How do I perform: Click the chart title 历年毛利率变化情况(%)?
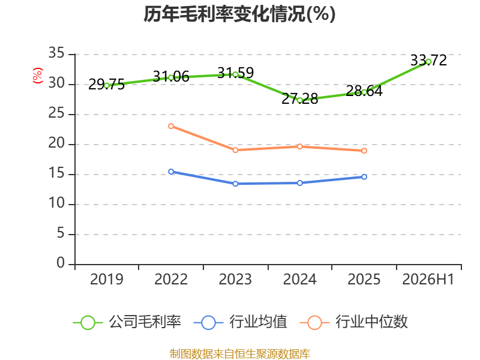(239, 14)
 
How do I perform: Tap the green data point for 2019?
(107, 86)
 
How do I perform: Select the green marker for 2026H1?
(428, 62)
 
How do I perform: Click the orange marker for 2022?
(171, 126)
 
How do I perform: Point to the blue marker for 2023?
(235, 184)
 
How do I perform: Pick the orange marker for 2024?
(300, 146)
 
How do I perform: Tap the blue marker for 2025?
(364, 177)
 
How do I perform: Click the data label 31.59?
(235, 73)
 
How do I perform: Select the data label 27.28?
(300, 98)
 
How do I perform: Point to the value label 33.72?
(428, 60)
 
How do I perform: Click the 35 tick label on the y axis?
(56, 53)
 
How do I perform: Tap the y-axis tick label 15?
(56, 173)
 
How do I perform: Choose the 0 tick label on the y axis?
(61, 263)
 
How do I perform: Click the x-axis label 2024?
(299, 279)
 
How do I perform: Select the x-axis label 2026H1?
(428, 279)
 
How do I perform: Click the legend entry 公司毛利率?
(127, 322)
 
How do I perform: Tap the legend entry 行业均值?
(241, 322)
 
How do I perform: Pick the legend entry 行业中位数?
(354, 322)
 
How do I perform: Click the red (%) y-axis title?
(38, 76)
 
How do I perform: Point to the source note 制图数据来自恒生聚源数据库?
(240, 354)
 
